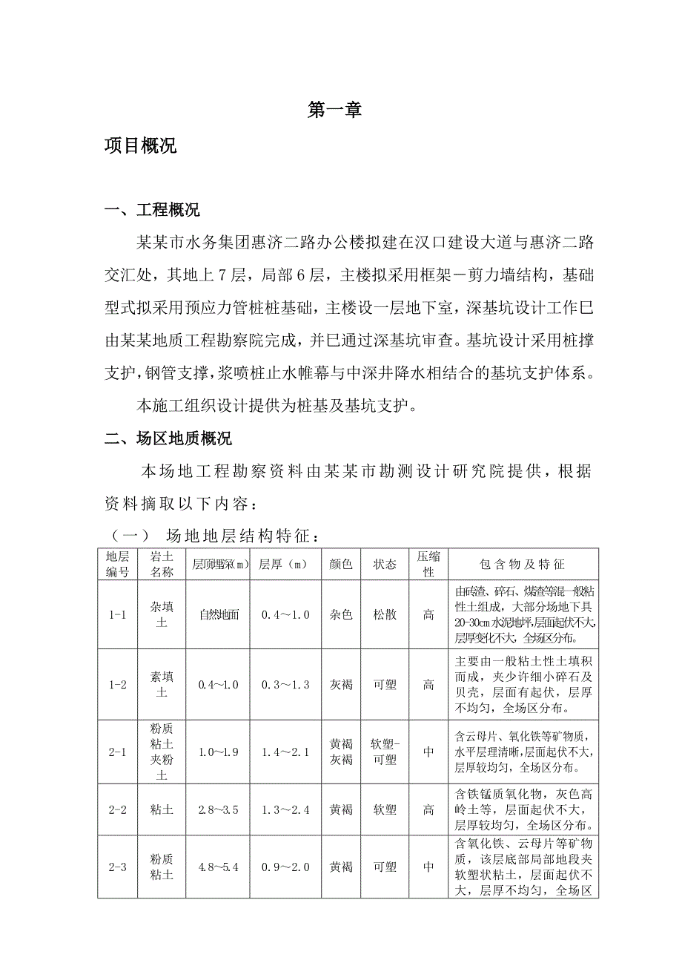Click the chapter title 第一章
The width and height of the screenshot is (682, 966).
click(x=334, y=111)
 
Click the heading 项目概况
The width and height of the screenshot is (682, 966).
click(x=141, y=145)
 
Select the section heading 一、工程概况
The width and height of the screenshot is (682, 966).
click(x=152, y=210)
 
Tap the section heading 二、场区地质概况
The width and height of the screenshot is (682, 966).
click(x=168, y=439)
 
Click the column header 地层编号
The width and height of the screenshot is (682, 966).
click(x=118, y=565)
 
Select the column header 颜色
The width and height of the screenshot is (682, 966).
click(x=341, y=565)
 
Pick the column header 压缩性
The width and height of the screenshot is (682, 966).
click(x=428, y=565)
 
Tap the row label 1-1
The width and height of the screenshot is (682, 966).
click(x=118, y=615)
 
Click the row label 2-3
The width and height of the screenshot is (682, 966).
click(x=118, y=867)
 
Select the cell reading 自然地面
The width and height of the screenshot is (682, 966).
click(x=219, y=615)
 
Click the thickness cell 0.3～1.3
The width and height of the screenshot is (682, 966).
click(x=285, y=685)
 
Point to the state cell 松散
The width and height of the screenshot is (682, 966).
click(x=385, y=615)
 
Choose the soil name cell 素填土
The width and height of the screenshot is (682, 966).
click(x=162, y=685)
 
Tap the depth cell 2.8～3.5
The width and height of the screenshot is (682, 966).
click(x=219, y=809)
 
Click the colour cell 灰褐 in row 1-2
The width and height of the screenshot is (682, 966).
click(x=341, y=685)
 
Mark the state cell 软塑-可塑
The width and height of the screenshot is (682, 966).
click(x=385, y=752)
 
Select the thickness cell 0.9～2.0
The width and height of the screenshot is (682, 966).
click(x=285, y=867)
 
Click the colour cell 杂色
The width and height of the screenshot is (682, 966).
click(x=341, y=615)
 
